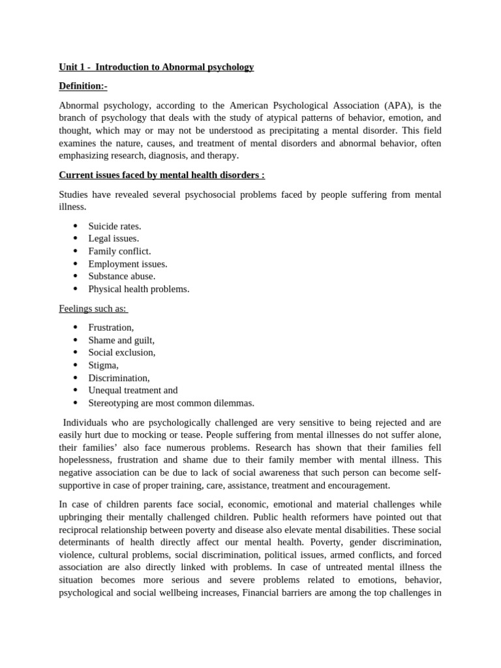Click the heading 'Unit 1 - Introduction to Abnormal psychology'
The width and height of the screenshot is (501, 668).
[156, 67]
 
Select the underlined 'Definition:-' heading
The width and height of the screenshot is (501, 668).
[83, 86]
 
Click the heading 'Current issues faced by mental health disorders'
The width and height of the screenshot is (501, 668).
[162, 175]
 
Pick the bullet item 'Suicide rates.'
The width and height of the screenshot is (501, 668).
[115, 226]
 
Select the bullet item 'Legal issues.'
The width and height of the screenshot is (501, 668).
[114, 239]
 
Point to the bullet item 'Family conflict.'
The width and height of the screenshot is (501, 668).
[119, 251]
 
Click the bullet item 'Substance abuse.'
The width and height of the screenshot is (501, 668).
[122, 277]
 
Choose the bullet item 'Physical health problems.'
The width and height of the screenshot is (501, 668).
[139, 289]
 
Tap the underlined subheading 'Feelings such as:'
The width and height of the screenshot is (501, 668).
[93, 309]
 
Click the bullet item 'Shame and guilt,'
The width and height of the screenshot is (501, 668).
[121, 340]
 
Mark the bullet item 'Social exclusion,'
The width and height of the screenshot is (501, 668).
[122, 353]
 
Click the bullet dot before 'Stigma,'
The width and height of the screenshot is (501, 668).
[76, 365]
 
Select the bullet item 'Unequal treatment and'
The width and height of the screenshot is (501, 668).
[133, 390]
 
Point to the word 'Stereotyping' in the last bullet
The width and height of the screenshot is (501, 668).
[115, 403]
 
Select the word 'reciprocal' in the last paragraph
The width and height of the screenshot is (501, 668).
[82, 530]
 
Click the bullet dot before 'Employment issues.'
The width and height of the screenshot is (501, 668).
[76, 264]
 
